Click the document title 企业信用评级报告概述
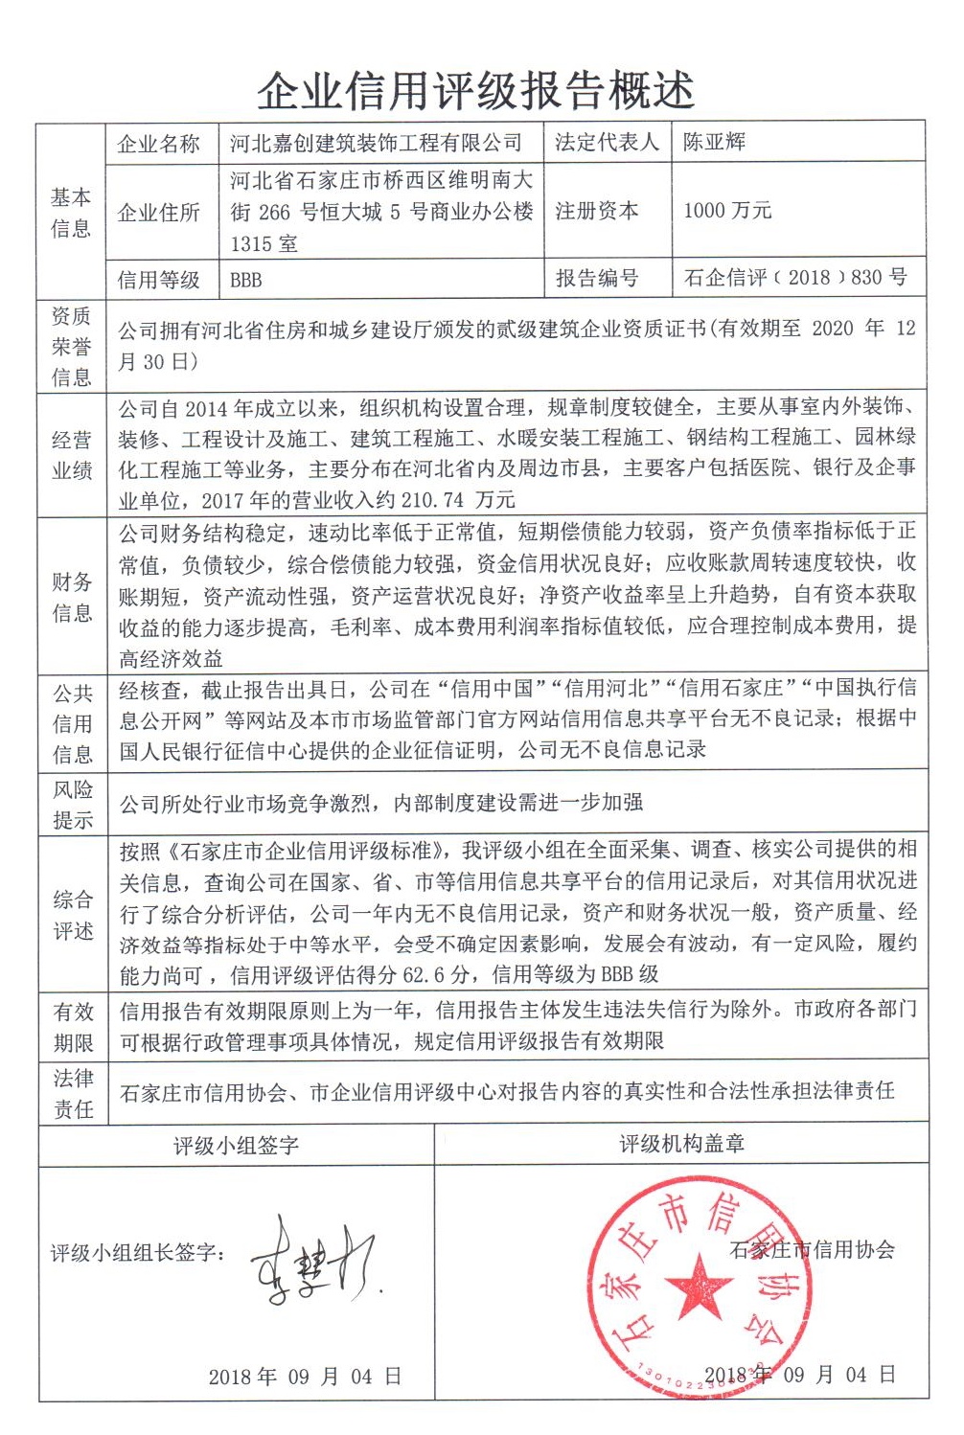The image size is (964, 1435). tap(475, 91)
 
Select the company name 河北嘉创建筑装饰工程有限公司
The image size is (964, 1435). tap(376, 144)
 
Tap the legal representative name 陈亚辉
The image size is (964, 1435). tap(714, 143)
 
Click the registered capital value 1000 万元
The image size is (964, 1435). tap(726, 211)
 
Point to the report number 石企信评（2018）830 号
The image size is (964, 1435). tap(795, 278)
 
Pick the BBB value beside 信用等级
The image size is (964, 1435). tap(245, 280)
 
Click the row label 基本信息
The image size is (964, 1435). tap(71, 213)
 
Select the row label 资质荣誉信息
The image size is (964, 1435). tap(71, 346)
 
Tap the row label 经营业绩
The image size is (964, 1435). tap(72, 455)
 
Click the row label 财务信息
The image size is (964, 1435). tap(72, 597)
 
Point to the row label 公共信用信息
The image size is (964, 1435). tap(72, 723)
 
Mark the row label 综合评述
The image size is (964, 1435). tap(72, 915)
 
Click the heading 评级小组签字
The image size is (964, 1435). tap(236, 1145)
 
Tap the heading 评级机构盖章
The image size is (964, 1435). tap(681, 1143)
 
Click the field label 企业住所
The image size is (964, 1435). tap(158, 212)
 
